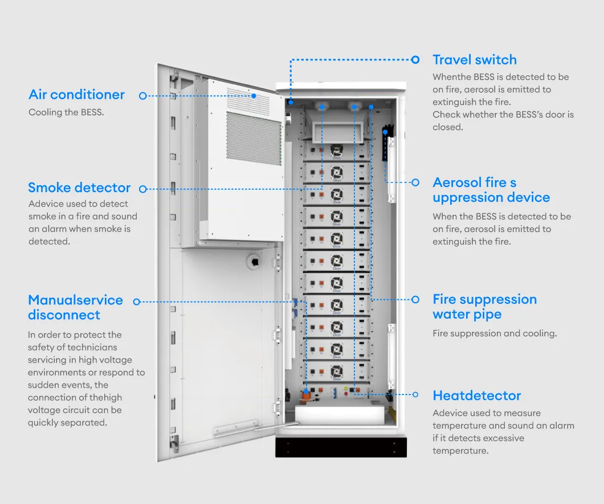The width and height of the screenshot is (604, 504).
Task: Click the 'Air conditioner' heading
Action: pyautogui.click(x=76, y=95)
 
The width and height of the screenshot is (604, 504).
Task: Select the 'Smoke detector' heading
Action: pyautogui.click(x=79, y=188)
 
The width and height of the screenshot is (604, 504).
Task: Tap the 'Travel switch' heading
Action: pyautogui.click(x=474, y=60)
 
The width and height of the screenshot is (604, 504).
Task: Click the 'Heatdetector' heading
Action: pyautogui.click(x=476, y=396)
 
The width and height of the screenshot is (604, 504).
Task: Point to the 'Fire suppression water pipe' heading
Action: pyautogui.click(x=484, y=307)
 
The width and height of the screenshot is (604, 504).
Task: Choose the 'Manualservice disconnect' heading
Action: pyautogui.click(x=75, y=307)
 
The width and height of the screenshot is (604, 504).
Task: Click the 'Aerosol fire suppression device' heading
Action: pyautogui.click(x=491, y=190)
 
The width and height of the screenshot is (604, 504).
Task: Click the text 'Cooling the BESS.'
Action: pyautogui.click(x=66, y=112)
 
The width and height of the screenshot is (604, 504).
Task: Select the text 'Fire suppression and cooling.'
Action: pyautogui.click(x=494, y=334)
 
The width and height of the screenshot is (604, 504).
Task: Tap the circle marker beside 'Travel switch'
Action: pyautogui.click(x=415, y=59)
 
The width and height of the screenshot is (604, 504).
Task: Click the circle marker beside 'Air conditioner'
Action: pyautogui.click(x=142, y=96)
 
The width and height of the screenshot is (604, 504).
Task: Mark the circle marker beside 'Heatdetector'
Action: pyautogui.click(x=415, y=395)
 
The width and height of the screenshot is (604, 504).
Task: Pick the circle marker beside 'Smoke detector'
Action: pyautogui.click(x=142, y=189)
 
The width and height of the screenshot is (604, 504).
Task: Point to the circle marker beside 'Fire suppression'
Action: pyautogui.click(x=415, y=299)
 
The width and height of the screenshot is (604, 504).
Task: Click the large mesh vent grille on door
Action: pyautogui.click(x=254, y=138)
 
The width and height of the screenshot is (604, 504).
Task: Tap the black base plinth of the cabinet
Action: pyautogui.click(x=341, y=446)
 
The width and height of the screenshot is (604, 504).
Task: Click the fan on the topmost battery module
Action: pyautogui.click(x=336, y=149)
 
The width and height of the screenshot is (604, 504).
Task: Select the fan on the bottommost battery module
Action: pyautogui.click(x=336, y=371)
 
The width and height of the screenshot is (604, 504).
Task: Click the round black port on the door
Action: pyautogui.click(x=253, y=260)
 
